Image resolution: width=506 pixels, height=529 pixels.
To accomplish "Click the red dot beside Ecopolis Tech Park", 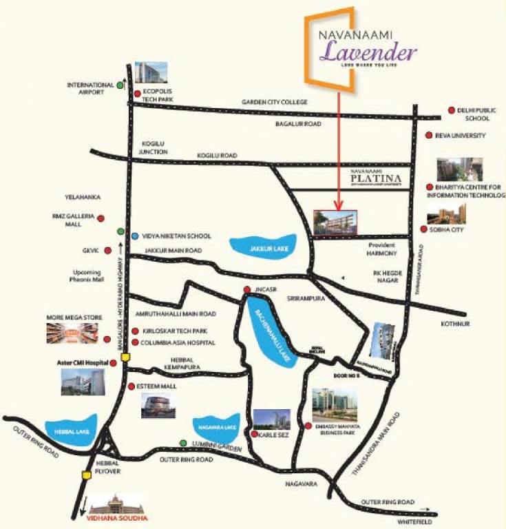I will (x=137, y=94).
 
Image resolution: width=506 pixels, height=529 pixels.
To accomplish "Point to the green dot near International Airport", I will (x=121, y=85).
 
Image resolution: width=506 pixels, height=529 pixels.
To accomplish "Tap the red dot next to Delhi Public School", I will (x=451, y=110).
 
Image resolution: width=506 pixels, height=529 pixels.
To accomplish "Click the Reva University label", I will (x=461, y=136).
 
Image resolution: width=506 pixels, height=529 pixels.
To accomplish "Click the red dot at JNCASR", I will (x=246, y=290).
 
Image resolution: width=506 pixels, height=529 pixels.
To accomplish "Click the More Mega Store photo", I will (x=74, y=333).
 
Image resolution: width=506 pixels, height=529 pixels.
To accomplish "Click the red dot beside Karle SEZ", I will (x=255, y=435).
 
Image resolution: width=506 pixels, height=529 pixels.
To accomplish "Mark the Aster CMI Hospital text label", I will (x=82, y=361).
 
